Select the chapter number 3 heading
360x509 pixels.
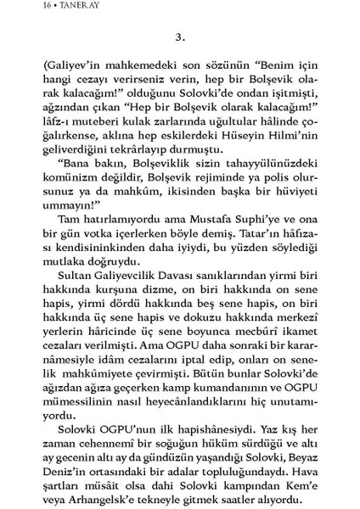coord(178,38)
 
